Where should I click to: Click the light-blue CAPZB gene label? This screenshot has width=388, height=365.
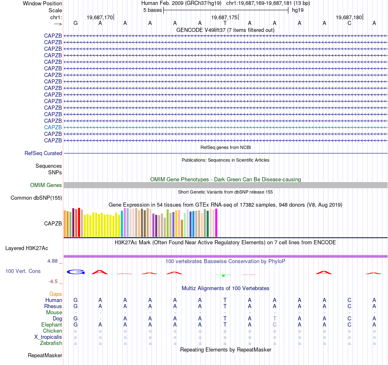point(53,127)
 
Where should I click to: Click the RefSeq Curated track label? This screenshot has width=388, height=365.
point(43,153)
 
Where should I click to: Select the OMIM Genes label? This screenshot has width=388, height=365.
point(46,185)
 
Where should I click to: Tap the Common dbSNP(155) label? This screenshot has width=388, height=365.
point(36,198)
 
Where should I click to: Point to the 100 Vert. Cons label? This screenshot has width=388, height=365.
point(23,271)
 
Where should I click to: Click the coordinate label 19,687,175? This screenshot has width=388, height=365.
point(224,18)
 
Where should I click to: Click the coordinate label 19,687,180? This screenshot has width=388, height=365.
point(348,18)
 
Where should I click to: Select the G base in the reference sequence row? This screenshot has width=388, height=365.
point(76,23)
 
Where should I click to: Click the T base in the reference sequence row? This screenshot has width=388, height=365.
point(225,23)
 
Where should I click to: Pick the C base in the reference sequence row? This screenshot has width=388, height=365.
point(349,23)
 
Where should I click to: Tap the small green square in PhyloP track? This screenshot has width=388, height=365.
point(223,275)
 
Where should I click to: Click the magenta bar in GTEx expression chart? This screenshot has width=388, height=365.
point(216,223)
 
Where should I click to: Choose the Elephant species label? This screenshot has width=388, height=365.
point(52,324)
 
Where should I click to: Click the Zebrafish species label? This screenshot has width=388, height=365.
point(51,343)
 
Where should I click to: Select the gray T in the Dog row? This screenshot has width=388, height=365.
point(275,318)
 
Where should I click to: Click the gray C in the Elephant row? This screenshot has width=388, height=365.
point(275,324)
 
